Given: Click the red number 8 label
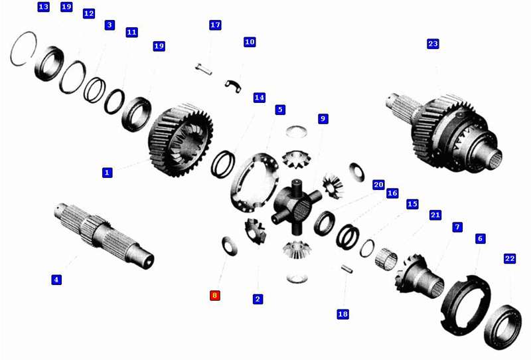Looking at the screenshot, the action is point(214,296).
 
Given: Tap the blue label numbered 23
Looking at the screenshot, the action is point(433,44).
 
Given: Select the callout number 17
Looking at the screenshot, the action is point(215,25).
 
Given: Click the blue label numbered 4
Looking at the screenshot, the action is point(56,280).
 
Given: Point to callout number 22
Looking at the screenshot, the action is point(510,258).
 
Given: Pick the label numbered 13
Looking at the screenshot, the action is point(43,7).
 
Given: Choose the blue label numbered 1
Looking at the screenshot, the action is point(107,173).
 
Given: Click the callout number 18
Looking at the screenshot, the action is point(342,314).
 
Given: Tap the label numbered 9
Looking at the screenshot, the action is point(323,119).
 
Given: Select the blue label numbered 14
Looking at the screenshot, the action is point(259,98).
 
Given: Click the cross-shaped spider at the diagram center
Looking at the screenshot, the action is point(296,206).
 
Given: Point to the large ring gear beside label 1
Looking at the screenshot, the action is point(181,139).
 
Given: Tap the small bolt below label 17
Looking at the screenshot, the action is point(204,69).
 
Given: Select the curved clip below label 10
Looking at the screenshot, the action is point(234,86).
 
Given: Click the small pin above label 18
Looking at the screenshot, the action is point(346,268).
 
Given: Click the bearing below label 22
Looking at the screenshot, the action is point(503,327).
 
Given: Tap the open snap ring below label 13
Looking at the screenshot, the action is point(23,48).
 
